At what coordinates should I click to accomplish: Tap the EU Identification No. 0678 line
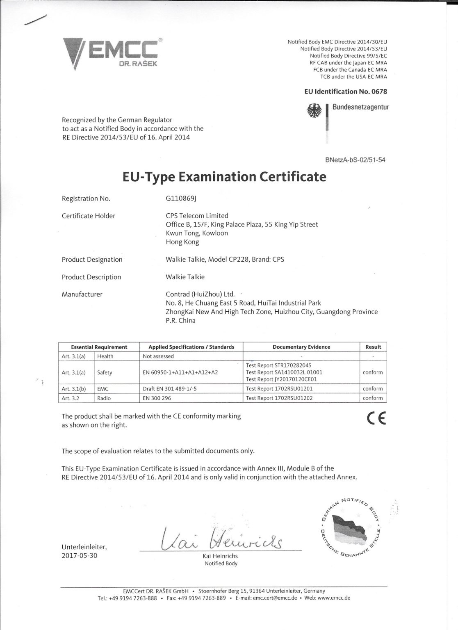[345, 91]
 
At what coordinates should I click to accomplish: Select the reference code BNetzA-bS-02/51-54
[355, 160]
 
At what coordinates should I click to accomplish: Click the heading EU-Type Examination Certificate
[224, 177]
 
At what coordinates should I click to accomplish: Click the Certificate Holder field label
[88, 216]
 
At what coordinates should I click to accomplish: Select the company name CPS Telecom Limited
[197, 215]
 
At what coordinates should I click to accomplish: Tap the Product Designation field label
[92, 259]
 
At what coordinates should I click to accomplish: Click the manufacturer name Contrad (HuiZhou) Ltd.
[200, 294]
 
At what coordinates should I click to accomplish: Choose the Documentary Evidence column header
[301, 347]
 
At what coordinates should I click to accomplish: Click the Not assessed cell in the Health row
[158, 356]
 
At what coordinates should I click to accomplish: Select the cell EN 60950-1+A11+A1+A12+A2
[180, 372]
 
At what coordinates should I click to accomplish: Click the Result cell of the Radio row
[373, 398]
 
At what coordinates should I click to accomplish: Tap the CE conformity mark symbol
[376, 418]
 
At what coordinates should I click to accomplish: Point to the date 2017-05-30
[80, 556]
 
